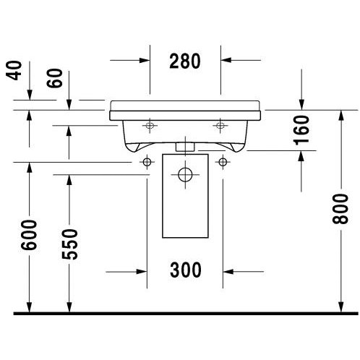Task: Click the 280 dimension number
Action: point(185,61)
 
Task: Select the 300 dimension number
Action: point(186,270)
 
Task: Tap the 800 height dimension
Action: point(340,209)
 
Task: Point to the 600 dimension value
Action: point(29,235)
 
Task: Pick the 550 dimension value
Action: point(69,244)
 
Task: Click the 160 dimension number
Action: point(301,130)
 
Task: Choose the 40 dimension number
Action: point(14,70)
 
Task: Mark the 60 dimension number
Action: point(54,78)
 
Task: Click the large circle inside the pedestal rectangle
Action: point(185,174)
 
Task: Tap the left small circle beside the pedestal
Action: point(147,162)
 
